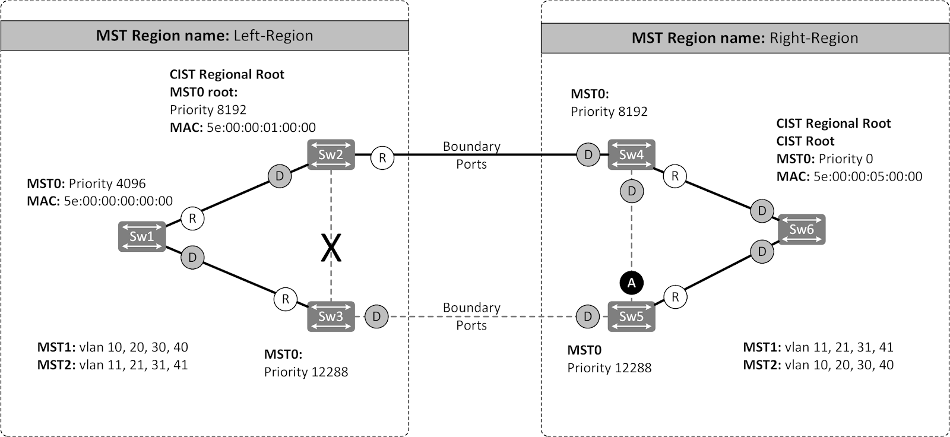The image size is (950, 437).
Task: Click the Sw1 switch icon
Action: [x=141, y=236]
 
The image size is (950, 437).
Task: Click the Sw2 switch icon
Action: [x=331, y=155]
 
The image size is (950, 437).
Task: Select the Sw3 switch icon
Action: [x=331, y=316]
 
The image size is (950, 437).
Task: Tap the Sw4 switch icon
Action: [x=631, y=155]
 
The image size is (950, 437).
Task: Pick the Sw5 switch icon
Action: [x=631, y=316]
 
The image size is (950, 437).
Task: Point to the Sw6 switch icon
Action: [x=801, y=229]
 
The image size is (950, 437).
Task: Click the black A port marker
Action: [x=631, y=283]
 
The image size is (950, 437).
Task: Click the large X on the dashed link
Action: [x=331, y=248]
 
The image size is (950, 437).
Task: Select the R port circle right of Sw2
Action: [x=382, y=158]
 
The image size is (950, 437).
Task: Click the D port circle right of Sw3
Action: [x=376, y=316]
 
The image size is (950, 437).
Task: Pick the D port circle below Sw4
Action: [x=631, y=191]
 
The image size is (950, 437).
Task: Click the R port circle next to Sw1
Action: [x=192, y=218]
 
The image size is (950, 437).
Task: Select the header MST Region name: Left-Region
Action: [x=204, y=36]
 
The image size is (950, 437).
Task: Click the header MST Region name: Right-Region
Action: [x=745, y=38]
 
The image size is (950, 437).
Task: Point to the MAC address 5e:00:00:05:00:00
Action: [x=867, y=176]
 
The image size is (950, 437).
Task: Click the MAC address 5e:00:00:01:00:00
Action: [x=261, y=127]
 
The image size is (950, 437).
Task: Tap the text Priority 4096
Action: [x=107, y=183]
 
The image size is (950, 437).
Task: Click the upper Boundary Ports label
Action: [x=471, y=155]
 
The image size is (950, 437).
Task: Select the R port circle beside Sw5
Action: [x=675, y=296]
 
